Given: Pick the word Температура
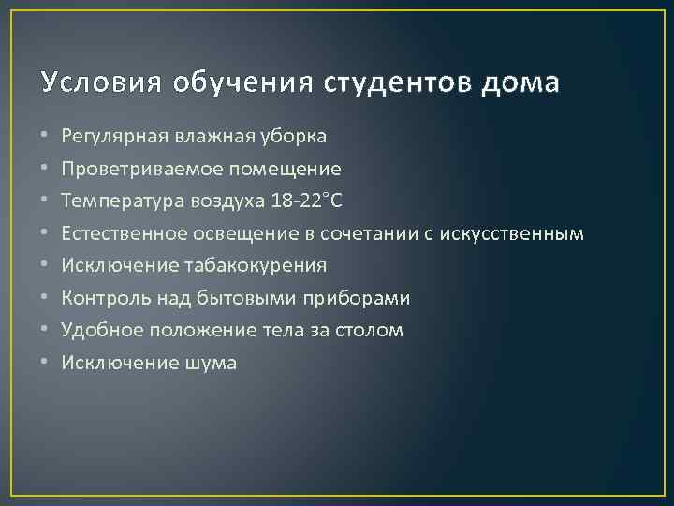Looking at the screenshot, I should click(x=115, y=201).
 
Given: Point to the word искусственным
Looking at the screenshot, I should click(x=514, y=233).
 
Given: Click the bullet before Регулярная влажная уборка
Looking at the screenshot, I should click(x=45, y=137).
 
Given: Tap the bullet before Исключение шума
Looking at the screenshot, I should click(x=45, y=363).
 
